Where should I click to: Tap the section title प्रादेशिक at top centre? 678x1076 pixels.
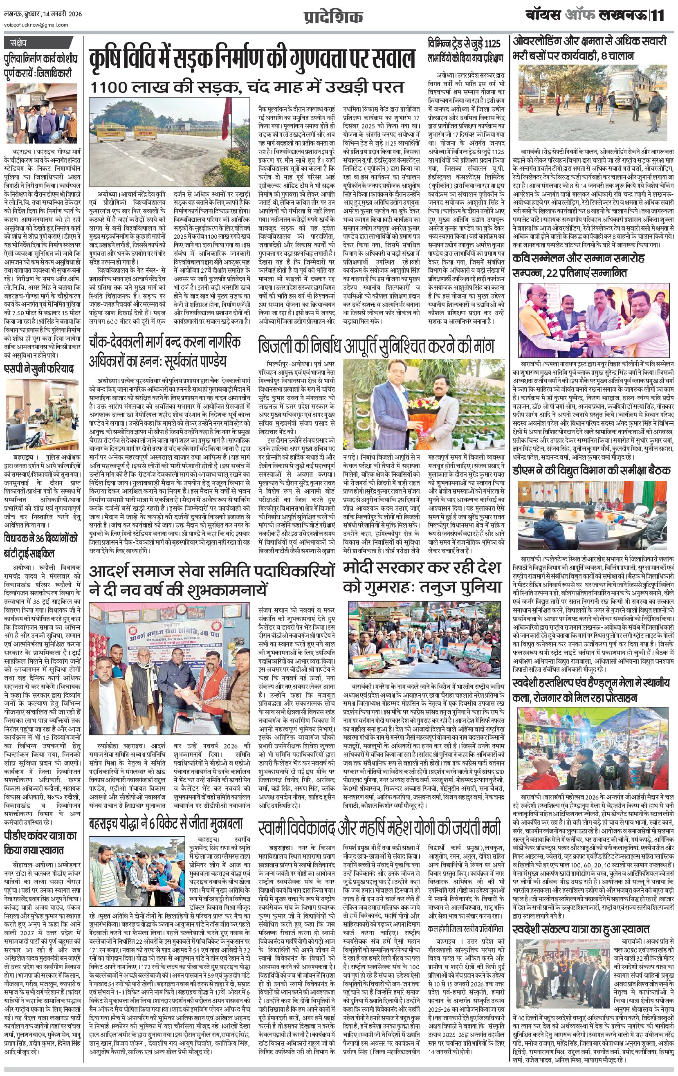(339, 17)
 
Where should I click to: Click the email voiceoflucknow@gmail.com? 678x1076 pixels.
(36, 25)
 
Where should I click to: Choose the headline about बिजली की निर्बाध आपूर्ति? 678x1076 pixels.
(375, 346)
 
